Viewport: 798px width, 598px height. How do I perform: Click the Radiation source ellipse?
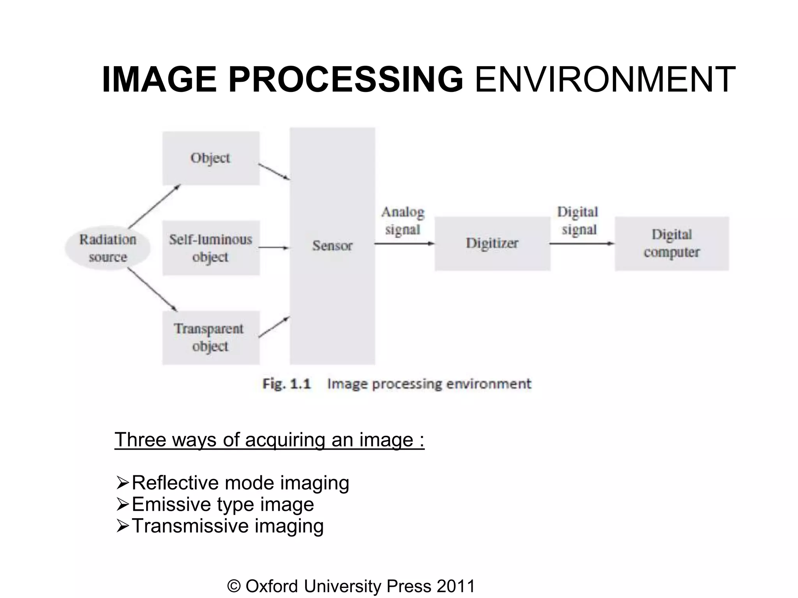point(108,248)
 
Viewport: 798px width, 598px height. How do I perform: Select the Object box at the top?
point(211,158)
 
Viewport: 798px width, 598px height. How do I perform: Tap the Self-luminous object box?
point(211,248)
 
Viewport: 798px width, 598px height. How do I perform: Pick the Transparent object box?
point(211,338)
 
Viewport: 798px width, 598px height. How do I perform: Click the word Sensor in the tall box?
point(332,246)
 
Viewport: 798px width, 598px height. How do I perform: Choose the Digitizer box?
point(492,243)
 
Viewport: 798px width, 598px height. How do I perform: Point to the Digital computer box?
point(672,243)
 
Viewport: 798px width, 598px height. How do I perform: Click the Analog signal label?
point(403,221)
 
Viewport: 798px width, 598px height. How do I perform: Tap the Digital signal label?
point(578,221)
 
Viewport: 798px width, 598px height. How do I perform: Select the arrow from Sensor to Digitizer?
point(404,244)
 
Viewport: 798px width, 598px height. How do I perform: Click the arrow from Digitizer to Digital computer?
point(582,244)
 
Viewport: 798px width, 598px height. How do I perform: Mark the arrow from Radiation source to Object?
point(154,206)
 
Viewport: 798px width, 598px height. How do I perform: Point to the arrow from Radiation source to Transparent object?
point(153,290)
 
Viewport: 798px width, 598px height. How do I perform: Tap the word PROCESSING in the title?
point(346,80)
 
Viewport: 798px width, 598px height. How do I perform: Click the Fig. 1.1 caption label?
point(287,384)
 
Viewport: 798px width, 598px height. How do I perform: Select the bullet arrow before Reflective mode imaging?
point(123,484)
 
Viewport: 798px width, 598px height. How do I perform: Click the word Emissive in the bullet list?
point(171,505)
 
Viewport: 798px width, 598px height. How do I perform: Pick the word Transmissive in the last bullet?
point(190,526)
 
